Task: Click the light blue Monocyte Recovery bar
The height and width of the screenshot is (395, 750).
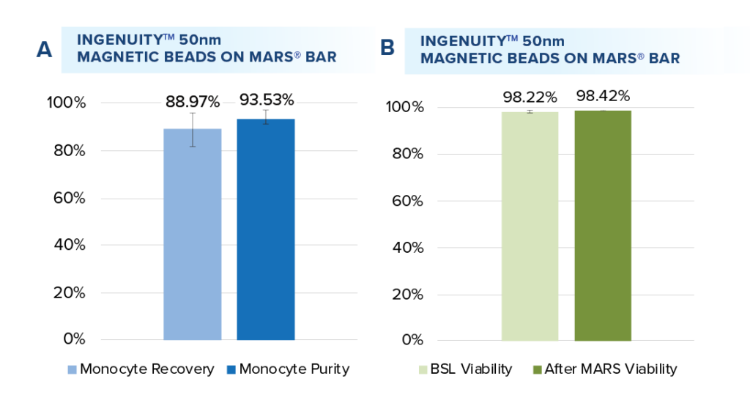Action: coord(192,235)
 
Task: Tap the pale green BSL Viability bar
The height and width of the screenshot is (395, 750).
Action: coord(530,226)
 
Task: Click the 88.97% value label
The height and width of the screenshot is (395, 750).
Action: coord(193,100)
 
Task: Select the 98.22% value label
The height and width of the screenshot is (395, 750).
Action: coord(530,96)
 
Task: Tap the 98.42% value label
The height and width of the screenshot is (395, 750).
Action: coord(603,96)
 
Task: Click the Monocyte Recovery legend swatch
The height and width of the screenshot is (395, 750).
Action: coord(71,369)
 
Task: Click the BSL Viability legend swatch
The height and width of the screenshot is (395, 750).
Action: coord(423,369)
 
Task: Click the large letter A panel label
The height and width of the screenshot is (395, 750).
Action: coord(45,50)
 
